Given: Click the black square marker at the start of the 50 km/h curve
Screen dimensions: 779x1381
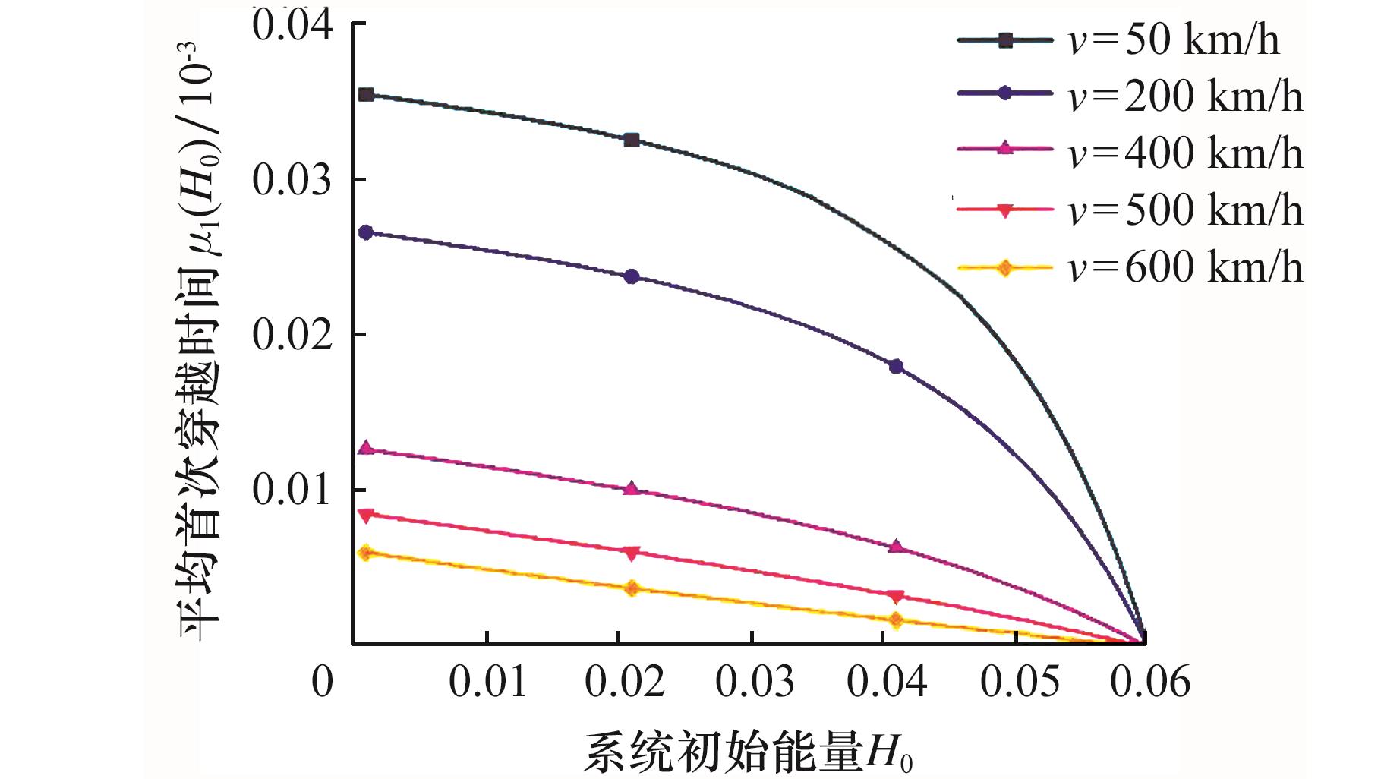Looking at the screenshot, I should [x=366, y=95].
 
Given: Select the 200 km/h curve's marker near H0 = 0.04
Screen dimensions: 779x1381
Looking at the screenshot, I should [x=896, y=367].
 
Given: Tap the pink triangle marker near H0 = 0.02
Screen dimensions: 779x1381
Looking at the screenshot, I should [x=632, y=489].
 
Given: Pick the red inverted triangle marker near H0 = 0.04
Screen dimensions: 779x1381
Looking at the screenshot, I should [x=896, y=596].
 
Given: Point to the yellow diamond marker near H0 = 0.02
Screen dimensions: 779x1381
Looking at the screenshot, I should [x=632, y=588].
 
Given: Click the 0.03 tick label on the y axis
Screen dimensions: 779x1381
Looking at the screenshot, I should [x=292, y=181].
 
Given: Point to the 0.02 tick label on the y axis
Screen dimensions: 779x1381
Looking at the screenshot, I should [x=292, y=336].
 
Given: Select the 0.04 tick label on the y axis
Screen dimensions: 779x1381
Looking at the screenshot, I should [x=292, y=26].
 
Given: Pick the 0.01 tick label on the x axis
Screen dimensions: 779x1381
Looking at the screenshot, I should [x=487, y=682].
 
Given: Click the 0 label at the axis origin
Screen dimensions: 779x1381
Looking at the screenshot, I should [x=323, y=682].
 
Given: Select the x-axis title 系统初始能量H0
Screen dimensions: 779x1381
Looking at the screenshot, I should [x=748, y=752].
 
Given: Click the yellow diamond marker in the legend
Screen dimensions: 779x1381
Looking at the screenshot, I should [x=1004, y=268].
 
